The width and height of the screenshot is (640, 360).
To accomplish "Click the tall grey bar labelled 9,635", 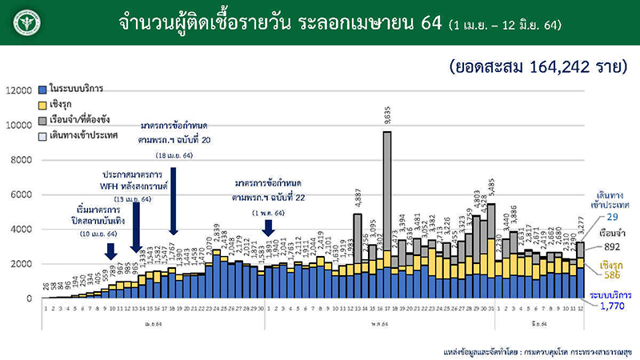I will (x=387, y=192).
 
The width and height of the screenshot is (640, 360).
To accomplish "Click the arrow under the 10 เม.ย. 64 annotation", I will (x=110, y=251).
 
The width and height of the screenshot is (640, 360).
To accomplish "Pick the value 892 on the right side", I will (x=611, y=246).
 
